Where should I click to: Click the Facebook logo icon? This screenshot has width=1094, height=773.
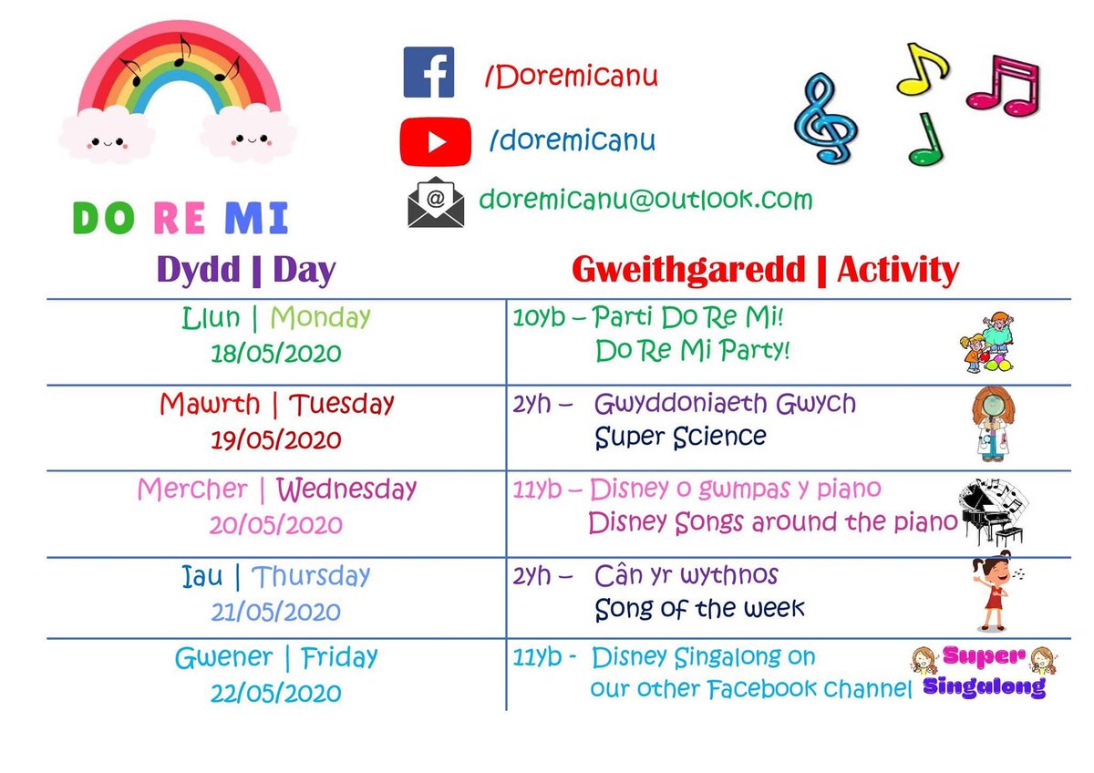click(428, 73)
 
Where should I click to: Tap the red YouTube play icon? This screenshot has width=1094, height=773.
click(436, 142)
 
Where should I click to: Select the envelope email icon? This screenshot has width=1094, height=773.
click(435, 201)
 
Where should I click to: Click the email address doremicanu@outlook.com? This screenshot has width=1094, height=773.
click(645, 199)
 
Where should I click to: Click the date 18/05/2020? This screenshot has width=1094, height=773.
click(276, 353)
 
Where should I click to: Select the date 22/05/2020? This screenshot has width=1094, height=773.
click(276, 692)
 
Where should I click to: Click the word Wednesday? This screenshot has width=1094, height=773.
click(346, 490)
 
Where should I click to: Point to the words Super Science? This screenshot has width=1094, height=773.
click(680, 438)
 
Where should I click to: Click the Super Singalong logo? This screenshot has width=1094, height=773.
click(983, 671)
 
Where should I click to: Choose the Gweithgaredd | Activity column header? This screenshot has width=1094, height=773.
click(765, 270)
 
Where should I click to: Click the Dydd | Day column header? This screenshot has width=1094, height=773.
click(246, 270)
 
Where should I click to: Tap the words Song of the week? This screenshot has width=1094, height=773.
click(699, 608)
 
